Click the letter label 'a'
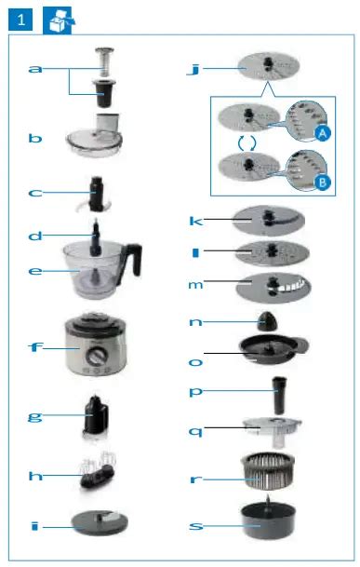tap(35, 70)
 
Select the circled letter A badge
tap(323, 133)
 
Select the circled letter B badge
tap(323, 182)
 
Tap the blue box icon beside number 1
tap(58, 19)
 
